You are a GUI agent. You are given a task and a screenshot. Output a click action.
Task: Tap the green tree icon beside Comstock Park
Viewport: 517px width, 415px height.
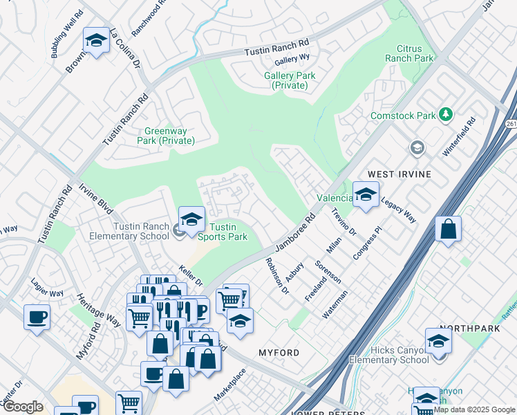446,114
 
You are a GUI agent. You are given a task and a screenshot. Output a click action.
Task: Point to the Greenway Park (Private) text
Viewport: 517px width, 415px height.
169,136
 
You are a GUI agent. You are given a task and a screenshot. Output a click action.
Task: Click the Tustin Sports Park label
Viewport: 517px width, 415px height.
228,232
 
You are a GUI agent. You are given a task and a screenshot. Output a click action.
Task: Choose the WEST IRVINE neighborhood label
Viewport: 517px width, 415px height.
399,174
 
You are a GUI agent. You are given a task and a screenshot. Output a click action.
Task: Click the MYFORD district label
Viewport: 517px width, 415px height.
279,353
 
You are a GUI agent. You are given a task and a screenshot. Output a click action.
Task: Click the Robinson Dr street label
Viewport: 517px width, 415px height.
277,277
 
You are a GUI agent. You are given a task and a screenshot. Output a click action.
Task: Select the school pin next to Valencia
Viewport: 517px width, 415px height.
366,194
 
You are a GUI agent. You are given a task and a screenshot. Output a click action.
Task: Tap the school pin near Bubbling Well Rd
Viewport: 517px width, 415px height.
97,41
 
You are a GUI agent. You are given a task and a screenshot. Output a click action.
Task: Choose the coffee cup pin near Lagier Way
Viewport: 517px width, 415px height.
37,317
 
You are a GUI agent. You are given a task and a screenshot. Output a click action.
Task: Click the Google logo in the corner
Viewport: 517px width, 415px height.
23,407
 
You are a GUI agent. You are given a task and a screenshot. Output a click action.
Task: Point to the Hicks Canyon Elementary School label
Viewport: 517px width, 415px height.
388,355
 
